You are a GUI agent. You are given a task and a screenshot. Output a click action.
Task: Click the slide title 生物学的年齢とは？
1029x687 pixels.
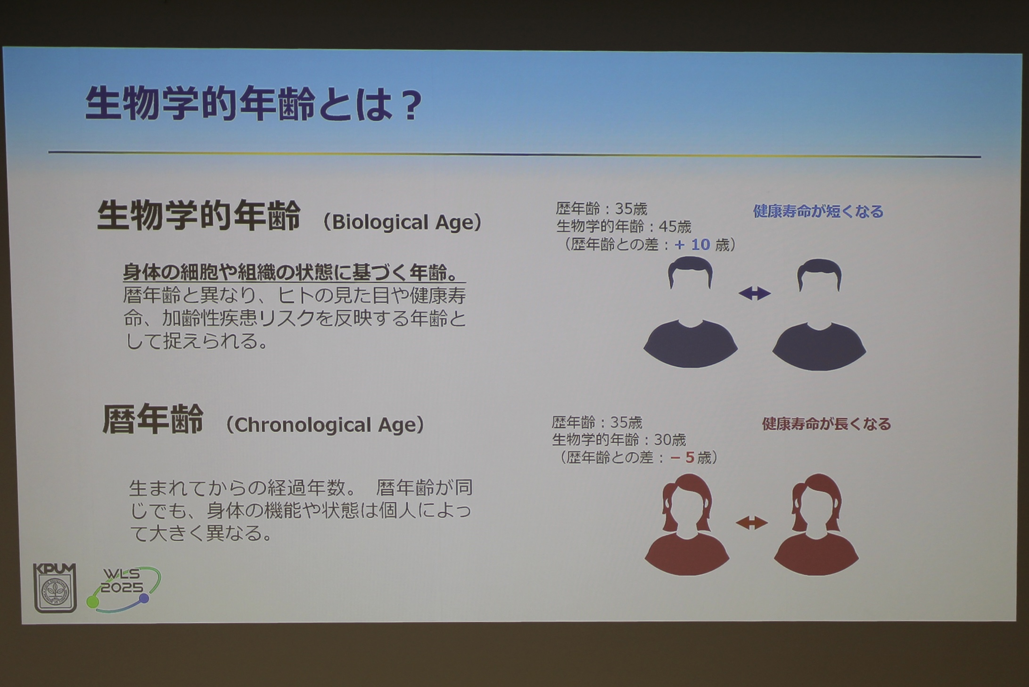point(254,104)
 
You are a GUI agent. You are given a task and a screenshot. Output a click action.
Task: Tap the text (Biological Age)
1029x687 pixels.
point(402,222)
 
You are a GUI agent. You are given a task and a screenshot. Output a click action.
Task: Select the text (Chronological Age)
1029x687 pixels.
point(325,425)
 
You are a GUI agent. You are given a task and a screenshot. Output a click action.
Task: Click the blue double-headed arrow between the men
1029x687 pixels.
point(754,293)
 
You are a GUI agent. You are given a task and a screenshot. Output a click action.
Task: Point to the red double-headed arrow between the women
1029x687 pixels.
point(752,522)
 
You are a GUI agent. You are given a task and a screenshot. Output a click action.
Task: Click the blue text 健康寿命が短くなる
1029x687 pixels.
point(818,211)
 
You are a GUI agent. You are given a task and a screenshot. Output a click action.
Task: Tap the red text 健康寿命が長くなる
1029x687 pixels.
point(826,424)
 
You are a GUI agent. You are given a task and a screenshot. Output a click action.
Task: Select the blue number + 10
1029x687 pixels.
point(692,244)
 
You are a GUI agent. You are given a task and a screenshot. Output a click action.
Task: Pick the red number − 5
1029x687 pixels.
point(682,457)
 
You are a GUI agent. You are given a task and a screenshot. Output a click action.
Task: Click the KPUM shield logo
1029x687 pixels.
point(55,588)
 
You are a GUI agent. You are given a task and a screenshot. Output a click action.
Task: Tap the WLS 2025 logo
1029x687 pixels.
point(123,589)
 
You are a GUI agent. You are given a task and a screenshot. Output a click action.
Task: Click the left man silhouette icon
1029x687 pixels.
point(691,312)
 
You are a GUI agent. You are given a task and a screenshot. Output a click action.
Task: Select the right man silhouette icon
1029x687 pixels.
point(819,315)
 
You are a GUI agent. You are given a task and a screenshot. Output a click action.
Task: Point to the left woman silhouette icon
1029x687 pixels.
point(687,524)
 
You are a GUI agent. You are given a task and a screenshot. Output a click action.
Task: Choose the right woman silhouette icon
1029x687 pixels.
point(816,524)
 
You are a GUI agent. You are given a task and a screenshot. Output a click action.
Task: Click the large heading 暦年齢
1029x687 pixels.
point(153,419)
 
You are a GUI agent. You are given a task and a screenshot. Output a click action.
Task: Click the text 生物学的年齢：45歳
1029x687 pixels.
point(624,227)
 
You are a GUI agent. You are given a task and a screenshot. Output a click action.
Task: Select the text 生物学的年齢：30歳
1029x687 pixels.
point(619,440)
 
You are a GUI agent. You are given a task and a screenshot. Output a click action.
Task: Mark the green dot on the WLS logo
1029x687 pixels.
point(93,602)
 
